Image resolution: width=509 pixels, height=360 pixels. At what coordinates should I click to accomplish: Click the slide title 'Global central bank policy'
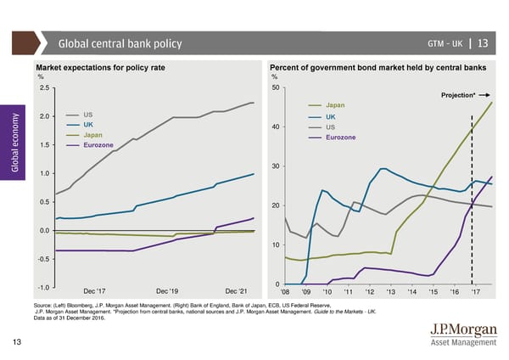(x=120, y=44)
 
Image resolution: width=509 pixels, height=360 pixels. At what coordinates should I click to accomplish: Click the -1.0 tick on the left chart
(x=42, y=285)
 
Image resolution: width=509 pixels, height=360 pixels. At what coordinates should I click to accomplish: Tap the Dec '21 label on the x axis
(x=236, y=293)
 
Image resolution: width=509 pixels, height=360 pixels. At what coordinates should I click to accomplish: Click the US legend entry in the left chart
(x=88, y=115)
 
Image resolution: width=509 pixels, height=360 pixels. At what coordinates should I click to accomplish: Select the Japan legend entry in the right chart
(x=335, y=105)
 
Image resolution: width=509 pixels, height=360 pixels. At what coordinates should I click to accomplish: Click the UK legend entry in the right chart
(x=331, y=116)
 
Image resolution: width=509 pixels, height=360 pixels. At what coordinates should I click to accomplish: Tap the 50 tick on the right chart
(x=275, y=87)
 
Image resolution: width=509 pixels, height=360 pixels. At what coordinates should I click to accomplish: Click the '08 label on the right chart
(x=285, y=293)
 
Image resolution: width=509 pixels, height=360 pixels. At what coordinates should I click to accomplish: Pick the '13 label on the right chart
(x=390, y=293)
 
